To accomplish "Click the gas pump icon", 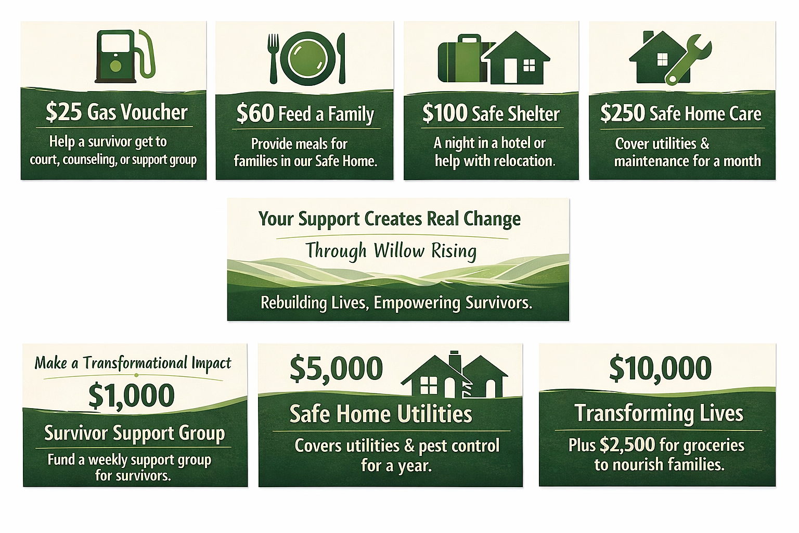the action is pos(125,56).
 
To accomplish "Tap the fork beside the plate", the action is pos(273,58).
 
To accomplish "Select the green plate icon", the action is pos(308,58).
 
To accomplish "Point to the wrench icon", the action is pos(688,60).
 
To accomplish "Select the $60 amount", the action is pos(255,113).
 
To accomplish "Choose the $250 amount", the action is pos(623,113).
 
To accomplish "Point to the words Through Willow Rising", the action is pos(391,250).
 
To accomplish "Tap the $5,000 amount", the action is pos(336,369).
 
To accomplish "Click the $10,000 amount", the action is pos(660,369).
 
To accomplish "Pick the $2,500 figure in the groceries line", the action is pos(627,445).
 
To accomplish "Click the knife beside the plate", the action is pos(342,58).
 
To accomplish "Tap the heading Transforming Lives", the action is pos(659,413).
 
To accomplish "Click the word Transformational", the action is pos(136,363).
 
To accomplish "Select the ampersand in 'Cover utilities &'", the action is pos(704,144).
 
